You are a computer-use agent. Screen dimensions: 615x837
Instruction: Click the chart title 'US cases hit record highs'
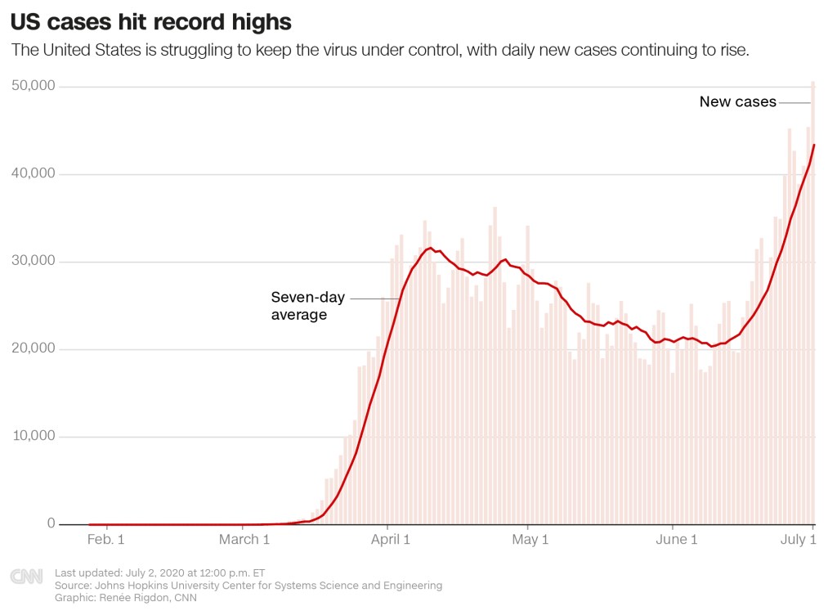coord(151,20)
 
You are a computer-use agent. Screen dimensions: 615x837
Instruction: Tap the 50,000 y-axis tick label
coord(33,87)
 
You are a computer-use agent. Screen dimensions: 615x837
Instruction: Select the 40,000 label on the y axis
coord(33,174)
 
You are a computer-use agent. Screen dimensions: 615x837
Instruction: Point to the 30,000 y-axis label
coord(33,262)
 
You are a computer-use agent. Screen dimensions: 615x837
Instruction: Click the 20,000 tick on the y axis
coord(33,349)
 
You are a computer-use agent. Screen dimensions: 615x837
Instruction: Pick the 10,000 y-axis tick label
coord(33,437)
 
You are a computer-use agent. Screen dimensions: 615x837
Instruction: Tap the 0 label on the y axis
coord(50,524)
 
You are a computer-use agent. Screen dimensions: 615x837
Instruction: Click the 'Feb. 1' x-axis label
coord(105,540)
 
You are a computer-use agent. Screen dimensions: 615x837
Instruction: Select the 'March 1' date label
coord(245,540)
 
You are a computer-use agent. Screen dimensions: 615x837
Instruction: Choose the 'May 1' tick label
coord(529,540)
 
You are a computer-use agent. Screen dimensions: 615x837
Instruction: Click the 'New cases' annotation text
coord(737,102)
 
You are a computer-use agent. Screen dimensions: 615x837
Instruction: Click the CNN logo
coord(26,577)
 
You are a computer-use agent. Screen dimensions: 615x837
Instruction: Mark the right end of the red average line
coord(814,145)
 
